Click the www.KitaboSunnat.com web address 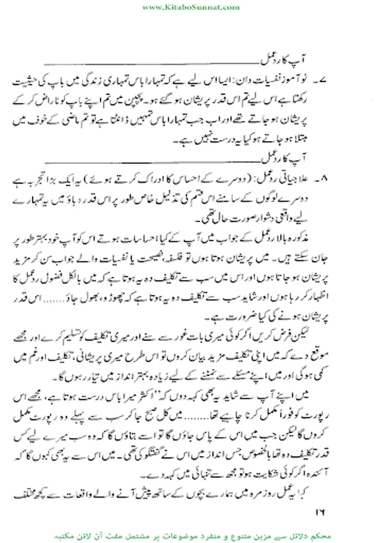click(191, 6)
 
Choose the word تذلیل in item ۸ click(191, 195)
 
